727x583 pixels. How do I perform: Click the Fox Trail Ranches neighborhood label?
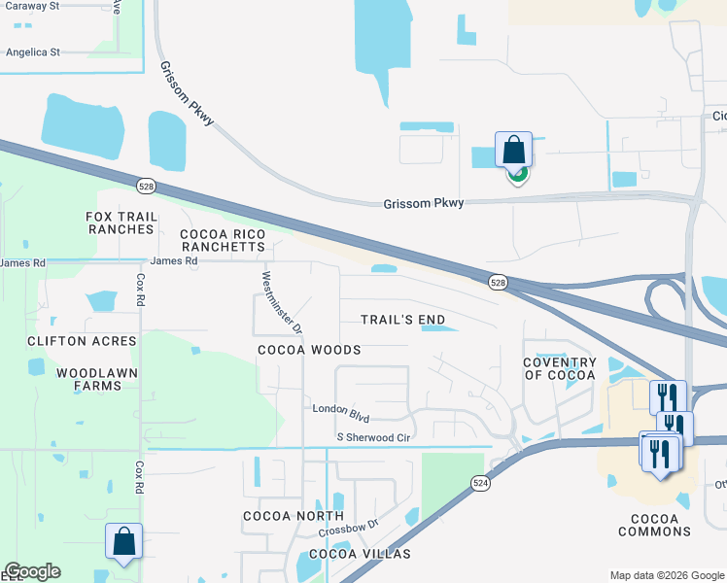(121, 223)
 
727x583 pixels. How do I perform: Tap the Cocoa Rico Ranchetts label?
(223, 241)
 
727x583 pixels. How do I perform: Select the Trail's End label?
(402, 320)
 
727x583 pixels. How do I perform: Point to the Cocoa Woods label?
(309, 350)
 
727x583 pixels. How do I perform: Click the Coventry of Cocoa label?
(559, 368)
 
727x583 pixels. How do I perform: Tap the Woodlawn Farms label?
(96, 379)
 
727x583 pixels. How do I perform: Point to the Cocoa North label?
(293, 516)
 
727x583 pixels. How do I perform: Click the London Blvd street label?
(340, 413)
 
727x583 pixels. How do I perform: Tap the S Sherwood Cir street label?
(375, 438)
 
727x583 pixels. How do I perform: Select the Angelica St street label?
(32, 52)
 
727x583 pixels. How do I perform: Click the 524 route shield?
(480, 482)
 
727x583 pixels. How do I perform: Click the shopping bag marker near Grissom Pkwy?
(513, 151)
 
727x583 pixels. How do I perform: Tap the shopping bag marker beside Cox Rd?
(124, 541)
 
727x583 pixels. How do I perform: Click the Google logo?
(32, 571)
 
